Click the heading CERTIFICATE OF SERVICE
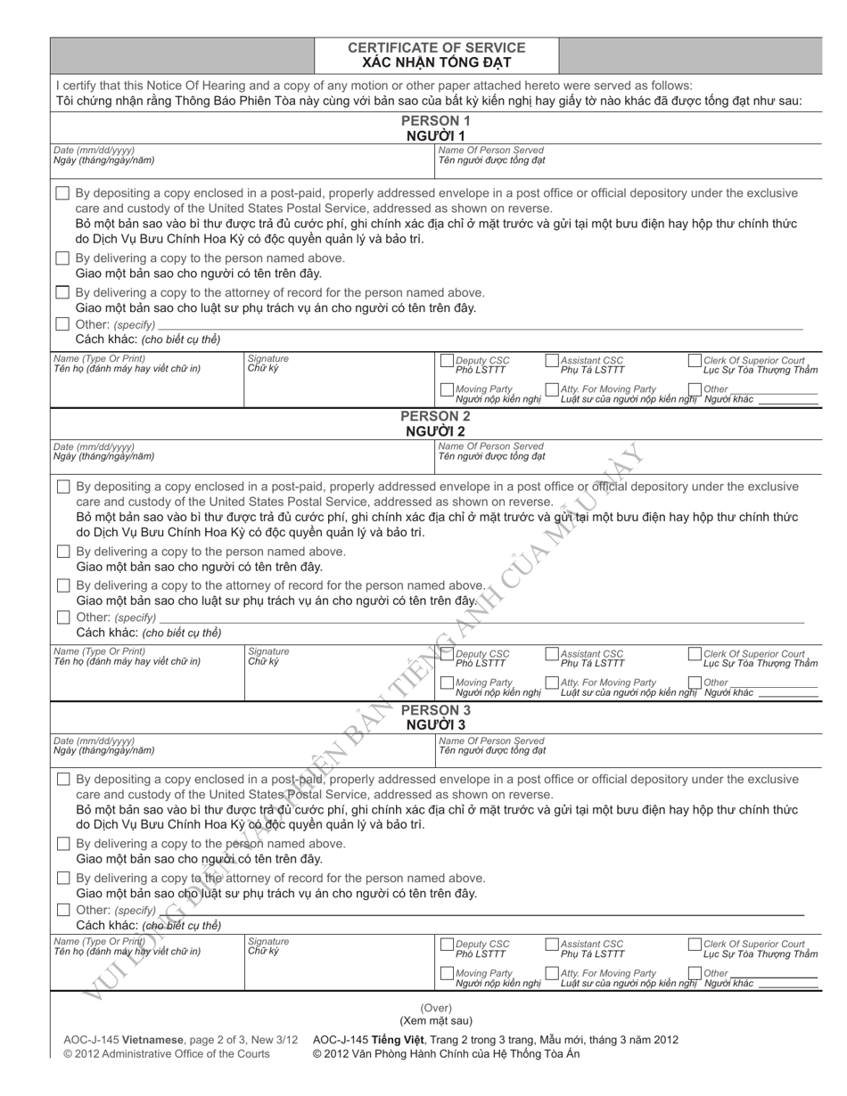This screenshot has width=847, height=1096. click(436, 48)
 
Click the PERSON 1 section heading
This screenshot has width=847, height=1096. click(436, 120)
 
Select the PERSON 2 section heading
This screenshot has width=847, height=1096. click(436, 416)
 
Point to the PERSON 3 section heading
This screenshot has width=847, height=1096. click(436, 710)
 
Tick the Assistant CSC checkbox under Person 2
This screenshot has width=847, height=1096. click(552, 655)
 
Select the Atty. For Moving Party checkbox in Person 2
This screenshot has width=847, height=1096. click(552, 683)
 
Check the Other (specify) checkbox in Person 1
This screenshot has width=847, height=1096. click(62, 323)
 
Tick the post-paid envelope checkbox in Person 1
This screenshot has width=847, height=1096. click(62, 193)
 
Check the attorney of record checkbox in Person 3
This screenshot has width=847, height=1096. click(63, 878)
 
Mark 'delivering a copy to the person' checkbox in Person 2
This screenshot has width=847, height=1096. click(63, 552)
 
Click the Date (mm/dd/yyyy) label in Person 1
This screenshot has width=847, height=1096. click(95, 151)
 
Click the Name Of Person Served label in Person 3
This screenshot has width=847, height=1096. click(490, 740)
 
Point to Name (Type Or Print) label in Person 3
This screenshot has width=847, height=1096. click(99, 942)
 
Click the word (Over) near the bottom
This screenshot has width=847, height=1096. click(436, 1008)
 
